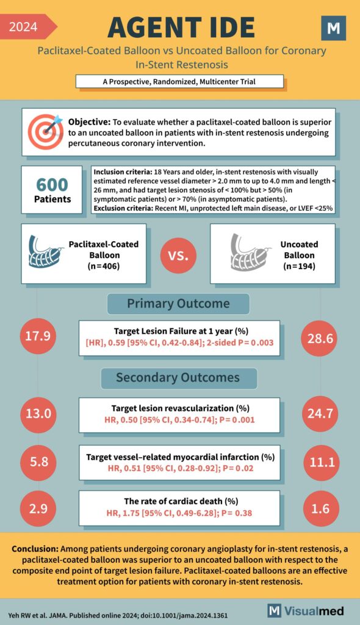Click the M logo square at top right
tap(333, 29)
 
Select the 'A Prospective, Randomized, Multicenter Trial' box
tap(180, 81)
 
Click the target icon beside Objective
tap(45, 131)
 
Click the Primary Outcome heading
tap(178, 304)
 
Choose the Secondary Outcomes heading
tap(178, 378)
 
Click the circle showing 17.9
tap(38, 337)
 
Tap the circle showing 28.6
tap(321, 337)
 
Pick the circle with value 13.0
tap(38, 414)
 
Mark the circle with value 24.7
tap(321, 414)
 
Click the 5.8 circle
tap(38, 462)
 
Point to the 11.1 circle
tap(321, 462)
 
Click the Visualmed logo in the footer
tap(306, 610)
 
